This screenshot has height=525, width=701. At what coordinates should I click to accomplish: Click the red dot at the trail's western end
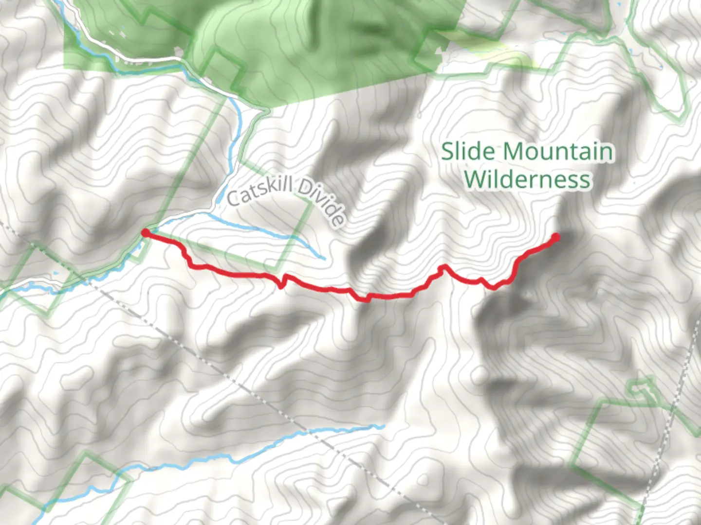pos(145,233)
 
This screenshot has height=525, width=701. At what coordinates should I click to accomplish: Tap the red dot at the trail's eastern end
pos(554,237)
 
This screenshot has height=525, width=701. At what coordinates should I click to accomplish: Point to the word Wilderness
pos(527,179)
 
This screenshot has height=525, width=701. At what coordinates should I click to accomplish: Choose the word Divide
pos(323,202)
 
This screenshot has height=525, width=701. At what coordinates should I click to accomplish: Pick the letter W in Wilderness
pos(475,179)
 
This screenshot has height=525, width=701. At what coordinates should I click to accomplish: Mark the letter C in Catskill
pos(234,198)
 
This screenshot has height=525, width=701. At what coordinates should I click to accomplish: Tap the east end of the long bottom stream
pos(383,426)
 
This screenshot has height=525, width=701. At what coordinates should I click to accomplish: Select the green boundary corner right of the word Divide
pos(309,205)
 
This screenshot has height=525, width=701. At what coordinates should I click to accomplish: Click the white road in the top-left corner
pos(122,49)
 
